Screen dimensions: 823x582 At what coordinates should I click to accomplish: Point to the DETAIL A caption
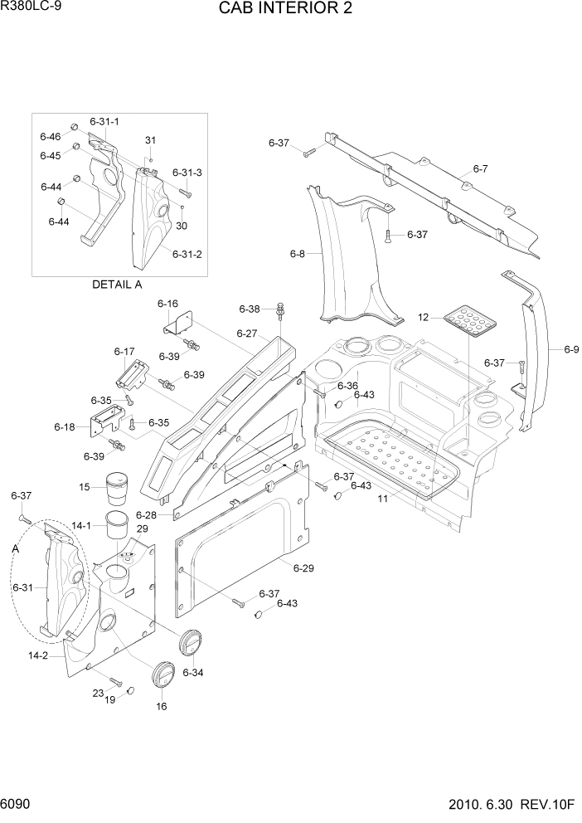(117, 284)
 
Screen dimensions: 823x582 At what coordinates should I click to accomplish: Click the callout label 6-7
(480, 169)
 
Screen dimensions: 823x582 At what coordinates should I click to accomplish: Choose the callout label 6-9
(571, 350)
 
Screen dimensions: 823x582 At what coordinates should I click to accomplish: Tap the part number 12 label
(423, 317)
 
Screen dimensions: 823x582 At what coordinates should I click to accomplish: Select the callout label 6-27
(247, 334)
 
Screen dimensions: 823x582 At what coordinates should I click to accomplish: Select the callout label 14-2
(38, 655)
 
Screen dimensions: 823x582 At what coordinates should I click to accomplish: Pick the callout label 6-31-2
(187, 254)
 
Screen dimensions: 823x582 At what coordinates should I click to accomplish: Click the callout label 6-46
(50, 136)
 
